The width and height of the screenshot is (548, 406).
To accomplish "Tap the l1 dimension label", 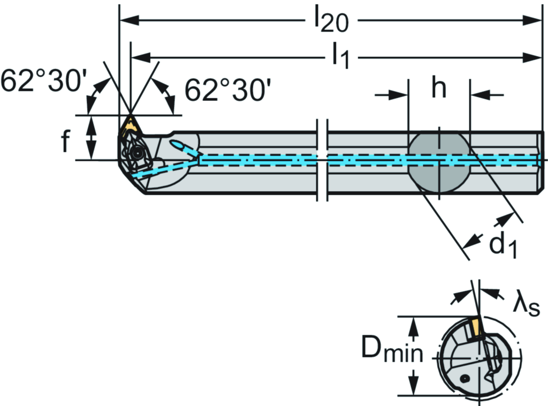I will [x=340, y=56].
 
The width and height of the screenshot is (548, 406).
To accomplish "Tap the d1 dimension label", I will [x=504, y=246].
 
